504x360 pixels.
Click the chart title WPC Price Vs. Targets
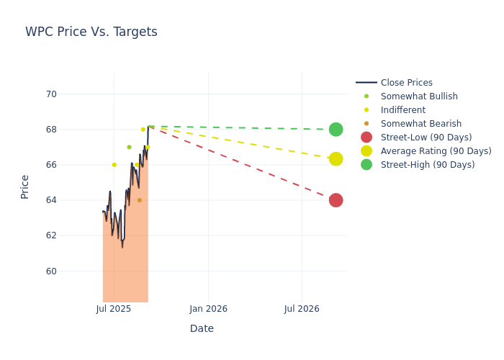(x=91, y=32)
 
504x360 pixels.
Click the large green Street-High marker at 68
(x=336, y=130)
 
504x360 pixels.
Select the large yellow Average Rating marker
(x=336, y=158)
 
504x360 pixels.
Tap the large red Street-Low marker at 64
(x=336, y=200)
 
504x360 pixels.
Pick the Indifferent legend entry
(x=402, y=110)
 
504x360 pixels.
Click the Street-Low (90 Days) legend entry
(x=426, y=138)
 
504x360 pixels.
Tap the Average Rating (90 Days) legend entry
(x=436, y=151)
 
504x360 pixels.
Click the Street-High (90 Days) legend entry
(x=428, y=165)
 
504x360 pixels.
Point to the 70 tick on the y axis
(x=51, y=94)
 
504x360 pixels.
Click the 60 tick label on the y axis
(x=51, y=271)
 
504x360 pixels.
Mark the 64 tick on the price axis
(x=51, y=200)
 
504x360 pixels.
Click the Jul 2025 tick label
(x=113, y=309)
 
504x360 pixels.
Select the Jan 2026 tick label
(x=208, y=309)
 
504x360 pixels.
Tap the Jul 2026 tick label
(x=302, y=309)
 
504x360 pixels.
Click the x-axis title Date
(x=202, y=329)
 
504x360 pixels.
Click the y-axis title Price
(x=25, y=186)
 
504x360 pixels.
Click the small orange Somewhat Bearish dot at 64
(x=140, y=200)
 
